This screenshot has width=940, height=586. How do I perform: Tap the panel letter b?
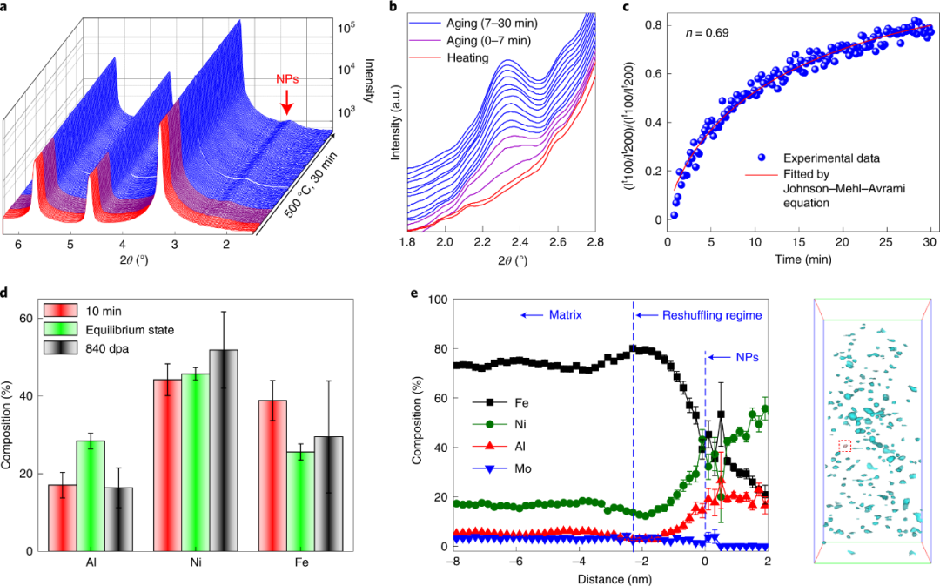[x=393, y=10]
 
